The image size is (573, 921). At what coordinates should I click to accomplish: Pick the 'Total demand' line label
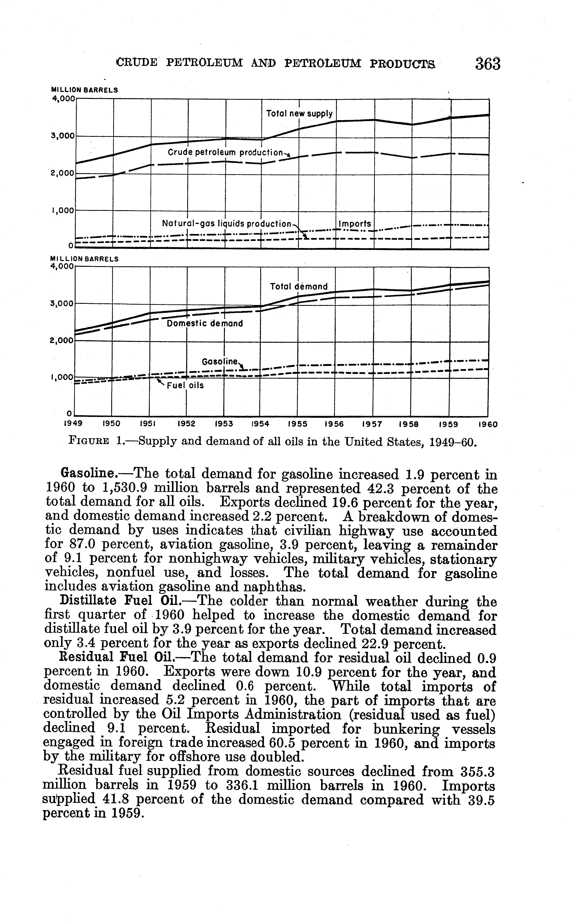click(x=299, y=286)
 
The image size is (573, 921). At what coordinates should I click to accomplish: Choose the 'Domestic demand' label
click(x=205, y=324)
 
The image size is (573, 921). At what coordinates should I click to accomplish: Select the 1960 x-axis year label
click(x=488, y=425)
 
